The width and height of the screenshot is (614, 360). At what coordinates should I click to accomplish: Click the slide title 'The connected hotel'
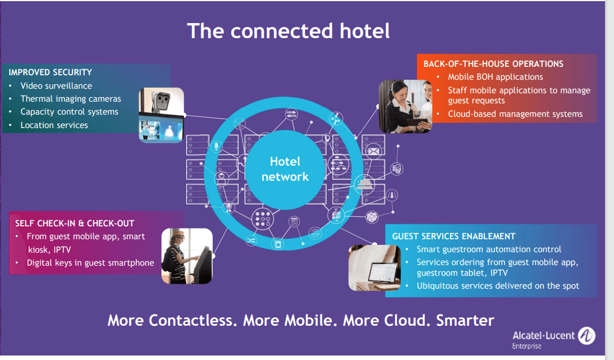tap(288, 31)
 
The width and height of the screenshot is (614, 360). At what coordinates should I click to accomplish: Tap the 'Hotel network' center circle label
tap(285, 169)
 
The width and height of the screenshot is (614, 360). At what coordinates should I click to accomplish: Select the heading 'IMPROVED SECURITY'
tap(51, 72)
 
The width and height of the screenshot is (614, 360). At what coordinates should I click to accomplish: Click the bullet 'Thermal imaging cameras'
tap(71, 99)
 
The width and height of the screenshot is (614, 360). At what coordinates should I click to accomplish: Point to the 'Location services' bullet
tap(54, 125)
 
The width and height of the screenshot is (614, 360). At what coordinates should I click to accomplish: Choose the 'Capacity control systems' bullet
tap(69, 112)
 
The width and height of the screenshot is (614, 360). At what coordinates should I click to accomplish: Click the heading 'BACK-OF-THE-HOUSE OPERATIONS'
tap(493, 64)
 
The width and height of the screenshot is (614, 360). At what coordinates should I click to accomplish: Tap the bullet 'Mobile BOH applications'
tap(495, 77)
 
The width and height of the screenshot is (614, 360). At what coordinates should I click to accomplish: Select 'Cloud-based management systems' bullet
tap(515, 114)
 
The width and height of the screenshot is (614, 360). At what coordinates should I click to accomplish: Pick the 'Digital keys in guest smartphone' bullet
tap(90, 263)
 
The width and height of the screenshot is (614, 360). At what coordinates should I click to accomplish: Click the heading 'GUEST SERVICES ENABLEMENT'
tap(453, 236)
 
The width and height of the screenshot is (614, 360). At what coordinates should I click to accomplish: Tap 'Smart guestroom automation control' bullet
tap(489, 249)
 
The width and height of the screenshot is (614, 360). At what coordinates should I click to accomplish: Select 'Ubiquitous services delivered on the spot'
tap(498, 286)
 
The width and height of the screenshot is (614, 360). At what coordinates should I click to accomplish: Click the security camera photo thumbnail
tap(162, 115)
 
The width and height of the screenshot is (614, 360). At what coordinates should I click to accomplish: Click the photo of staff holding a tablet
tap(405, 106)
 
